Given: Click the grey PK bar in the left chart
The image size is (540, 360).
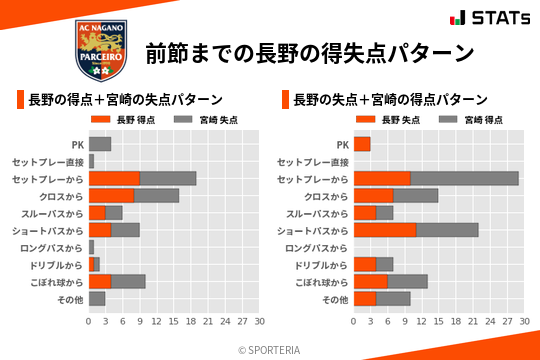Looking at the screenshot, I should [100, 144].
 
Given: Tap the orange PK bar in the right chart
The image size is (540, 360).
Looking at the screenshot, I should [362, 144].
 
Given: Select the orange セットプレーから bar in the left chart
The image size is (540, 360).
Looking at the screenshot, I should [114, 179].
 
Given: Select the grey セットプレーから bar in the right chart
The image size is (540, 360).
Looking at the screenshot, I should [464, 179].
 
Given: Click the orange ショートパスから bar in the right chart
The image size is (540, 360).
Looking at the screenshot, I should [385, 230].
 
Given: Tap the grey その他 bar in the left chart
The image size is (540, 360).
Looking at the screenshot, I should [97, 299].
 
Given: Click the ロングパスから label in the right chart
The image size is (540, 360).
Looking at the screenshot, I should [318, 247].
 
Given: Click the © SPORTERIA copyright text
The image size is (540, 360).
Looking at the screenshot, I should [269, 349].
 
